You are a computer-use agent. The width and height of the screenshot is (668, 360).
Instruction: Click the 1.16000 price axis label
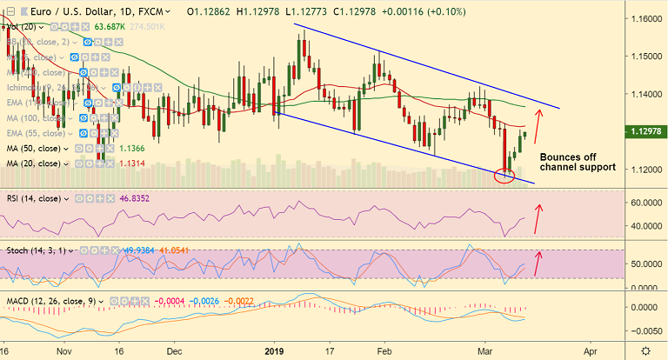pos(644,17)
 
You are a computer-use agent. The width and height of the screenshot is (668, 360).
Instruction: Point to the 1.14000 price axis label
pos(644,93)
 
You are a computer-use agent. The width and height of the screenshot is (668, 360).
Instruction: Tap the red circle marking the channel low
pos(504,177)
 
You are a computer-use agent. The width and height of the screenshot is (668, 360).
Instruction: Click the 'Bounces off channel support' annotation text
pos(577,162)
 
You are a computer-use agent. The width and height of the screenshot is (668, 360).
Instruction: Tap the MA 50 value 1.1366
pos(132,148)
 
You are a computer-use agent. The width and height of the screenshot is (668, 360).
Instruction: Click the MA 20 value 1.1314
pos(132,163)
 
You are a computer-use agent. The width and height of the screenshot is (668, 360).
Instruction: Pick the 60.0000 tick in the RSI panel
pos(644,203)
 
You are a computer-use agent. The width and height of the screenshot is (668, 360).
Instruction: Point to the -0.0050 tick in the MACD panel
pos(644,330)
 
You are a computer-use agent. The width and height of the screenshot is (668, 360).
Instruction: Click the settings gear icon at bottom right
pos(644,350)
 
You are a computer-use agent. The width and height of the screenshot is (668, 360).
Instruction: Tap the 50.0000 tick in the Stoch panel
pos(644,263)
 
